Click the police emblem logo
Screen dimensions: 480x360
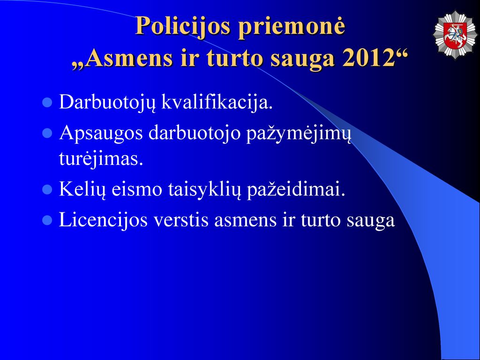coord(456,35)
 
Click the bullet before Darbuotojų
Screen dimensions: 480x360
coord(47,103)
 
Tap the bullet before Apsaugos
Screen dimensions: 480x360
coord(47,134)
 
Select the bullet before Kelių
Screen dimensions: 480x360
coord(47,190)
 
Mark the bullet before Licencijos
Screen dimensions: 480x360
coord(47,220)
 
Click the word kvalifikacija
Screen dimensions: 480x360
coord(217,103)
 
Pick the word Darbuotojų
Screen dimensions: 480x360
coord(107,103)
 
